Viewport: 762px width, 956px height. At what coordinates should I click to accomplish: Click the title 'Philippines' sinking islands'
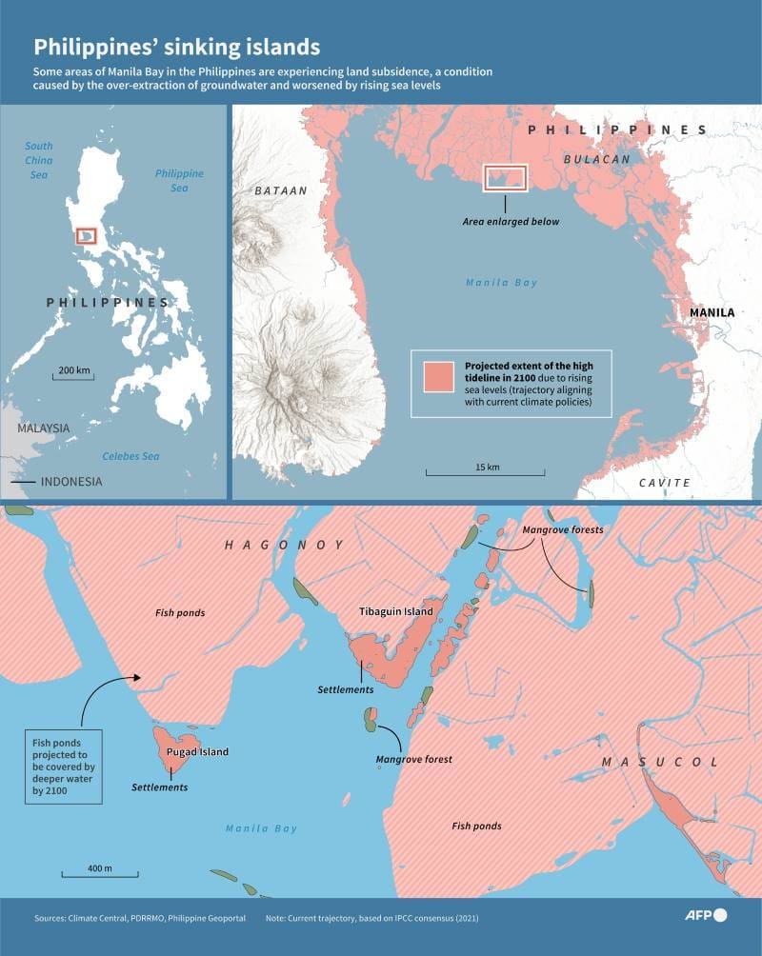(x=177, y=47)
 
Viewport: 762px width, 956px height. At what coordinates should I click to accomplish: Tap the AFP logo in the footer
(x=706, y=915)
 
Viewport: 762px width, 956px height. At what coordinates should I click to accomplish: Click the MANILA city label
(x=712, y=312)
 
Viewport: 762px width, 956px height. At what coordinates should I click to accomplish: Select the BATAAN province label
(x=281, y=190)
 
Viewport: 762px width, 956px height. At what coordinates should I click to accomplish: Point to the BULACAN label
(x=596, y=159)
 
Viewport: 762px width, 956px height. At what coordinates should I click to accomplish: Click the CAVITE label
(x=664, y=483)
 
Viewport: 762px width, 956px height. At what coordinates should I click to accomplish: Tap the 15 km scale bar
(x=486, y=470)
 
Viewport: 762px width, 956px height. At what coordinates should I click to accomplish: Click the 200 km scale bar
(x=73, y=374)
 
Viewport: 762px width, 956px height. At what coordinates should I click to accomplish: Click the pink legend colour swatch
(x=439, y=377)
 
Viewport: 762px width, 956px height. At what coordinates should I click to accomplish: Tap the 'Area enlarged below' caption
(x=511, y=221)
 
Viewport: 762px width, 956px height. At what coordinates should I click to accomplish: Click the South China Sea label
(x=39, y=160)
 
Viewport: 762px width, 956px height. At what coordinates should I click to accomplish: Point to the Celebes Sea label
(x=130, y=457)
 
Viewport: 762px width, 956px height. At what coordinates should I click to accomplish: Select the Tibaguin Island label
(x=395, y=611)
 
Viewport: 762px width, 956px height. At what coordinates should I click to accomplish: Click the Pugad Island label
(x=197, y=751)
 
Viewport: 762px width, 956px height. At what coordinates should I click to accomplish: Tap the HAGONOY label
(x=283, y=545)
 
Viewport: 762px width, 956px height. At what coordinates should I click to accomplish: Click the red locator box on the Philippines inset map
(x=86, y=234)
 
